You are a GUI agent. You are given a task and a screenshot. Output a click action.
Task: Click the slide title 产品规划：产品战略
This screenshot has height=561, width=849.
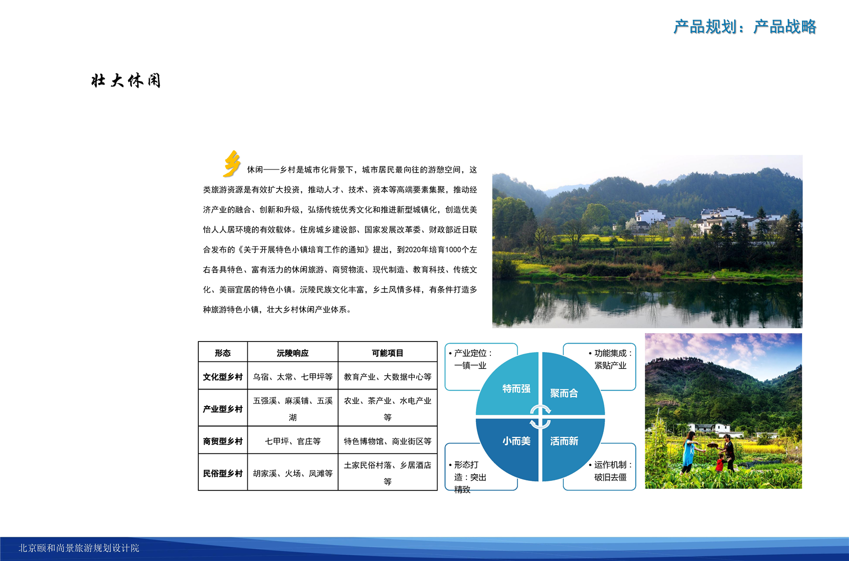pos(745,27)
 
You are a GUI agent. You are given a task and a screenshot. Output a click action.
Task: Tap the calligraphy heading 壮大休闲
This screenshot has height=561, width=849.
pos(126,80)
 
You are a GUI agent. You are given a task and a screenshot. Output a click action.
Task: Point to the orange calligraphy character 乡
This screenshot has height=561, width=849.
pos(232,164)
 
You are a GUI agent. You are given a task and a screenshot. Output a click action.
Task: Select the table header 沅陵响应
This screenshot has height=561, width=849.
pos(293,353)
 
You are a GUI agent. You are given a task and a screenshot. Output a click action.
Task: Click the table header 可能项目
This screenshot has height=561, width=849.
pos(388,353)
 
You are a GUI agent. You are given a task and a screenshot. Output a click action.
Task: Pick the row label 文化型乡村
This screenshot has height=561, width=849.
pos(222,377)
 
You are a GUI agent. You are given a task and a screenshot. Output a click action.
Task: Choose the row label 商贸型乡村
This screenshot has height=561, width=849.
pos(222,441)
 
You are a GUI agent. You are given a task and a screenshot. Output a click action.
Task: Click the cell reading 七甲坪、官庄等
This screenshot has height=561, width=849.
pos(293,441)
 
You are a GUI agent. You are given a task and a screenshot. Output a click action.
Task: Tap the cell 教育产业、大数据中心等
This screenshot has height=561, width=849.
pos(388,377)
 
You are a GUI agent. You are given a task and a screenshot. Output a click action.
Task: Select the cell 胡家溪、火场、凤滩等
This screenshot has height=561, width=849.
pos(293,473)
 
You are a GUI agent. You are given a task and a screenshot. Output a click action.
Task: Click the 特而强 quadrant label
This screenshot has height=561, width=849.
pos(516,388)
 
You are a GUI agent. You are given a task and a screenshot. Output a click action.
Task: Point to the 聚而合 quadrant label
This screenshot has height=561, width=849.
pos(564,393)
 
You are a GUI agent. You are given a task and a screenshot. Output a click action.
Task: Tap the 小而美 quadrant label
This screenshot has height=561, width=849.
pos(516,441)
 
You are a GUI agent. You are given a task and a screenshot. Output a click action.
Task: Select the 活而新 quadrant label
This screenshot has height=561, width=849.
pos(564,441)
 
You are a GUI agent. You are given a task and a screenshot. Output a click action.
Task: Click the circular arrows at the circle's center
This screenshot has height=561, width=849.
pos(540,417)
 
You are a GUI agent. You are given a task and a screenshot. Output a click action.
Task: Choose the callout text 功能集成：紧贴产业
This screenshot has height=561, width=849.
pos(611,359)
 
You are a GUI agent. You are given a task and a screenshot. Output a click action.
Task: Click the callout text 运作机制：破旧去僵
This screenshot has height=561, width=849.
pos(611,471)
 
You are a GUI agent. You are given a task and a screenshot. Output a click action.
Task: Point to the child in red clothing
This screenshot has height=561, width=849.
pos(720,462)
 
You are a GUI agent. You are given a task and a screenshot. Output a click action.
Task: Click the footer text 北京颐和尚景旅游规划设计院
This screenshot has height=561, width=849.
pos(79,548)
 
